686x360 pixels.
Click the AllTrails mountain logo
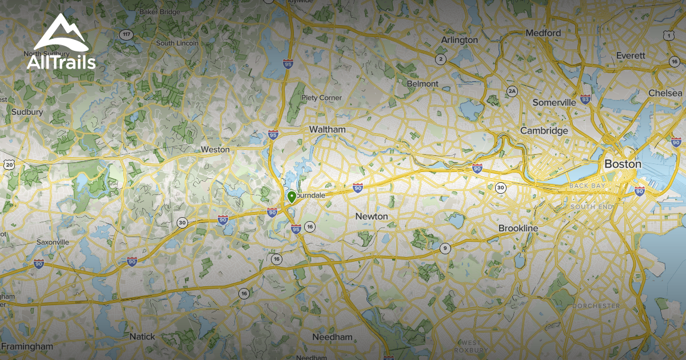coord(61,33)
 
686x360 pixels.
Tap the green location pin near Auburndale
coord(292,197)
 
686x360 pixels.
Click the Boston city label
coord(623,164)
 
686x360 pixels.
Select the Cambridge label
coord(544,131)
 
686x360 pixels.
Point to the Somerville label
coord(554,102)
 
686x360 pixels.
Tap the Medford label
coord(543,33)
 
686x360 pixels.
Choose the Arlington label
coord(459,40)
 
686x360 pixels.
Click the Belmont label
coord(422,84)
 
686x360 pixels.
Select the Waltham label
coord(327,130)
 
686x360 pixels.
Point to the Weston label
coord(215,150)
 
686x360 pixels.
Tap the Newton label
coord(372,217)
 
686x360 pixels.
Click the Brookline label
coord(518,228)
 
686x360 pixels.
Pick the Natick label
coord(142,337)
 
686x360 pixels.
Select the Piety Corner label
coord(322,98)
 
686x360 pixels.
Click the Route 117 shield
coord(126,35)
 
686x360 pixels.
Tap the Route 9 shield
coord(444,248)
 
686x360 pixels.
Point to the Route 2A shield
coord(512,91)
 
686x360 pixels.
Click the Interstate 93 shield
coord(585,99)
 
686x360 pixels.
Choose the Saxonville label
coord(53,242)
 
